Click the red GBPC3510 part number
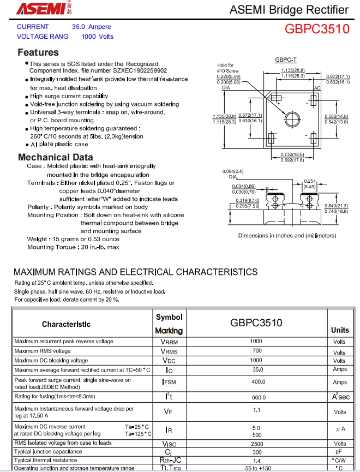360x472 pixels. point(316,28)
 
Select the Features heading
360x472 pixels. point(38,52)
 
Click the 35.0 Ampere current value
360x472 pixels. point(92,26)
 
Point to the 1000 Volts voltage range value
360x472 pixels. point(98,37)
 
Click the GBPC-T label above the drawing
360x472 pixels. point(286,59)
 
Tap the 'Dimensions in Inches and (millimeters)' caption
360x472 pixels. point(287,236)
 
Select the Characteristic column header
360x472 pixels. point(67,324)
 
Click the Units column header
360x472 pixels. point(340,330)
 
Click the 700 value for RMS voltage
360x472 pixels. point(256,351)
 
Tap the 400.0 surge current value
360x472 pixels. point(256,382)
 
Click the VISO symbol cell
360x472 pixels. point(169,444)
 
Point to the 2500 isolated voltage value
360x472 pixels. point(256,444)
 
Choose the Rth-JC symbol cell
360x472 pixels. point(169,461)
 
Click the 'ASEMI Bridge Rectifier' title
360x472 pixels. point(289,10)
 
